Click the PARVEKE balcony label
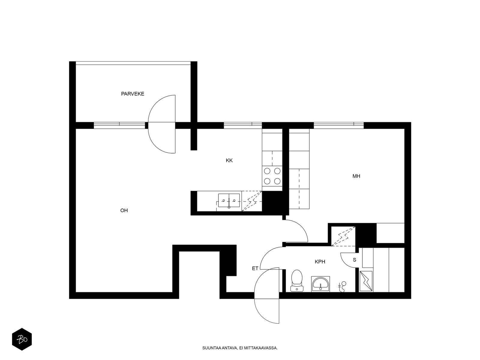point(133,94)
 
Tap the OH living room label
point(124,211)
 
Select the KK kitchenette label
point(229,160)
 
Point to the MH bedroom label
point(356,176)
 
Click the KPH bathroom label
point(320,262)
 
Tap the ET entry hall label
point(255,268)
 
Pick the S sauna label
point(355,260)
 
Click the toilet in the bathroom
point(297,281)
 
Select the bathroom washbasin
point(321,284)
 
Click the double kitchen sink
point(229,201)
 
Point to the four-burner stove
point(272,176)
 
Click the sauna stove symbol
point(366,281)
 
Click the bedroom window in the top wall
point(338,125)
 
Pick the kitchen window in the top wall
point(243,125)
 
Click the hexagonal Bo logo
point(22,339)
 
